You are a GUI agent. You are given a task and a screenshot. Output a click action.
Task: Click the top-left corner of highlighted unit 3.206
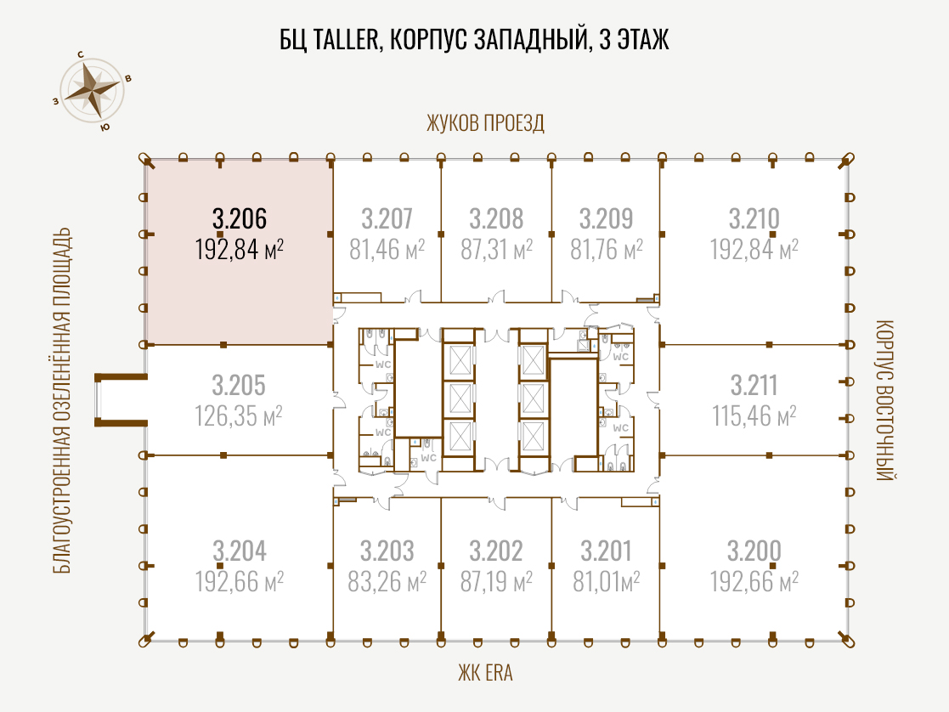click(146, 160)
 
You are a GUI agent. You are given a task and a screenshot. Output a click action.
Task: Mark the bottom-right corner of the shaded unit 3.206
click(332, 344)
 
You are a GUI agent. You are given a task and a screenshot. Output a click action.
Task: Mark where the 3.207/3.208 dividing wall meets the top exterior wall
click(441, 160)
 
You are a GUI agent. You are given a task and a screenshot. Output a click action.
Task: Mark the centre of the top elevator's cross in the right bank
click(533, 361)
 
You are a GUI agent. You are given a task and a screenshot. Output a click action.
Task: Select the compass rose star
click(92, 90)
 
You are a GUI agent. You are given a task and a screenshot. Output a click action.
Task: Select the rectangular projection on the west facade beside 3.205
click(121, 399)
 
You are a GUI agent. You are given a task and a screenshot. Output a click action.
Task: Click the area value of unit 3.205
click(239, 416)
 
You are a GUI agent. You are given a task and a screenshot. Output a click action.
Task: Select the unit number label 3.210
click(754, 218)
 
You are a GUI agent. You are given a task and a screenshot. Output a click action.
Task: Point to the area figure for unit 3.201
click(607, 581)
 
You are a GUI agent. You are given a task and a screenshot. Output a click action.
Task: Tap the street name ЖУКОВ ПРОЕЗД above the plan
click(485, 123)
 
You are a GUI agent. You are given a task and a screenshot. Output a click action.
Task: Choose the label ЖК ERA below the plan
click(485, 673)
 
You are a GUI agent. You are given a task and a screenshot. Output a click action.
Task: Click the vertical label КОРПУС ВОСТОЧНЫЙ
click(884, 400)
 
